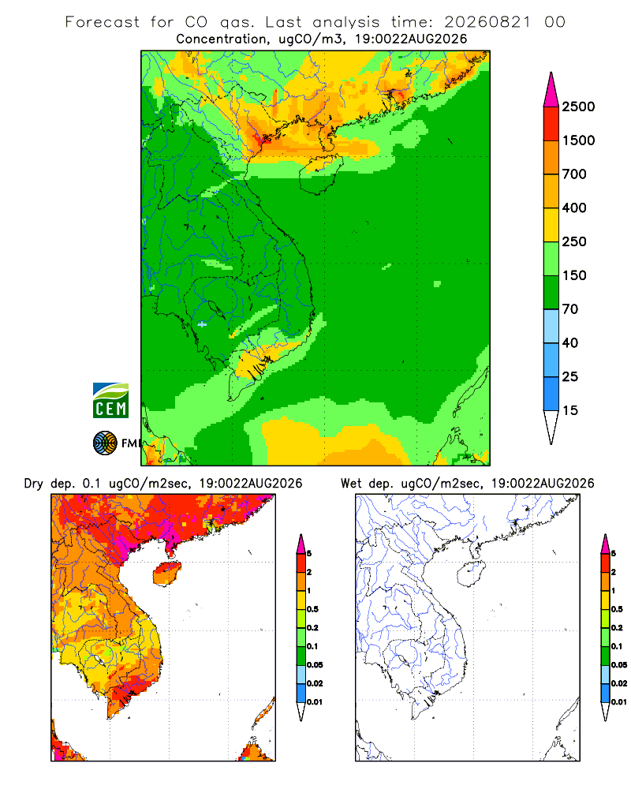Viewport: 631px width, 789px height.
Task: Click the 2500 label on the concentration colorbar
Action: [x=578, y=107]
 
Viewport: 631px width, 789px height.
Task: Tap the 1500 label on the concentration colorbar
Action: [x=578, y=140]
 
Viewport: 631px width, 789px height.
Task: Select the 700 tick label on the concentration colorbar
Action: [x=574, y=174]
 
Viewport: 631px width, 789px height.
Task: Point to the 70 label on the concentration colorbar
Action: [x=570, y=309]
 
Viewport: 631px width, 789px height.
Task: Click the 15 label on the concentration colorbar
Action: [x=570, y=410]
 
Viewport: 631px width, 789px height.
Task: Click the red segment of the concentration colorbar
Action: [x=551, y=124]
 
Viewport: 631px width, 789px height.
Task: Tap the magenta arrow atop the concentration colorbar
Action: [x=551, y=90]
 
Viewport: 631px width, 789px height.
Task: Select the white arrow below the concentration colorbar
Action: [x=551, y=427]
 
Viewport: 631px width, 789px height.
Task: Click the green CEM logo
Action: [x=110, y=401]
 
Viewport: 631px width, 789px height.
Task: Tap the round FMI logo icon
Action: [x=105, y=443]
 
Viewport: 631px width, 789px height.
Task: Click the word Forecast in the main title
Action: [x=103, y=22]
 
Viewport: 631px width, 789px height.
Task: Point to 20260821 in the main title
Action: [x=487, y=22]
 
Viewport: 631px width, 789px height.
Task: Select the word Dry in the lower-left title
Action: [x=34, y=484]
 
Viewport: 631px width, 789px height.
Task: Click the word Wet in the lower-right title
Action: [x=351, y=484]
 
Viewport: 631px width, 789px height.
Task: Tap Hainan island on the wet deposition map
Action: [x=472, y=574]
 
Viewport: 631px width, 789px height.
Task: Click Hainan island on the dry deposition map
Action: [x=167, y=574]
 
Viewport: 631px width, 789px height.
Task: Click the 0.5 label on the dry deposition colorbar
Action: [x=312, y=609]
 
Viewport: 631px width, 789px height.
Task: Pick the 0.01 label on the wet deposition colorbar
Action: [x=619, y=701]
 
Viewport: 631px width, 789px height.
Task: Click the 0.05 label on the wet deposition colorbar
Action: [x=619, y=664]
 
